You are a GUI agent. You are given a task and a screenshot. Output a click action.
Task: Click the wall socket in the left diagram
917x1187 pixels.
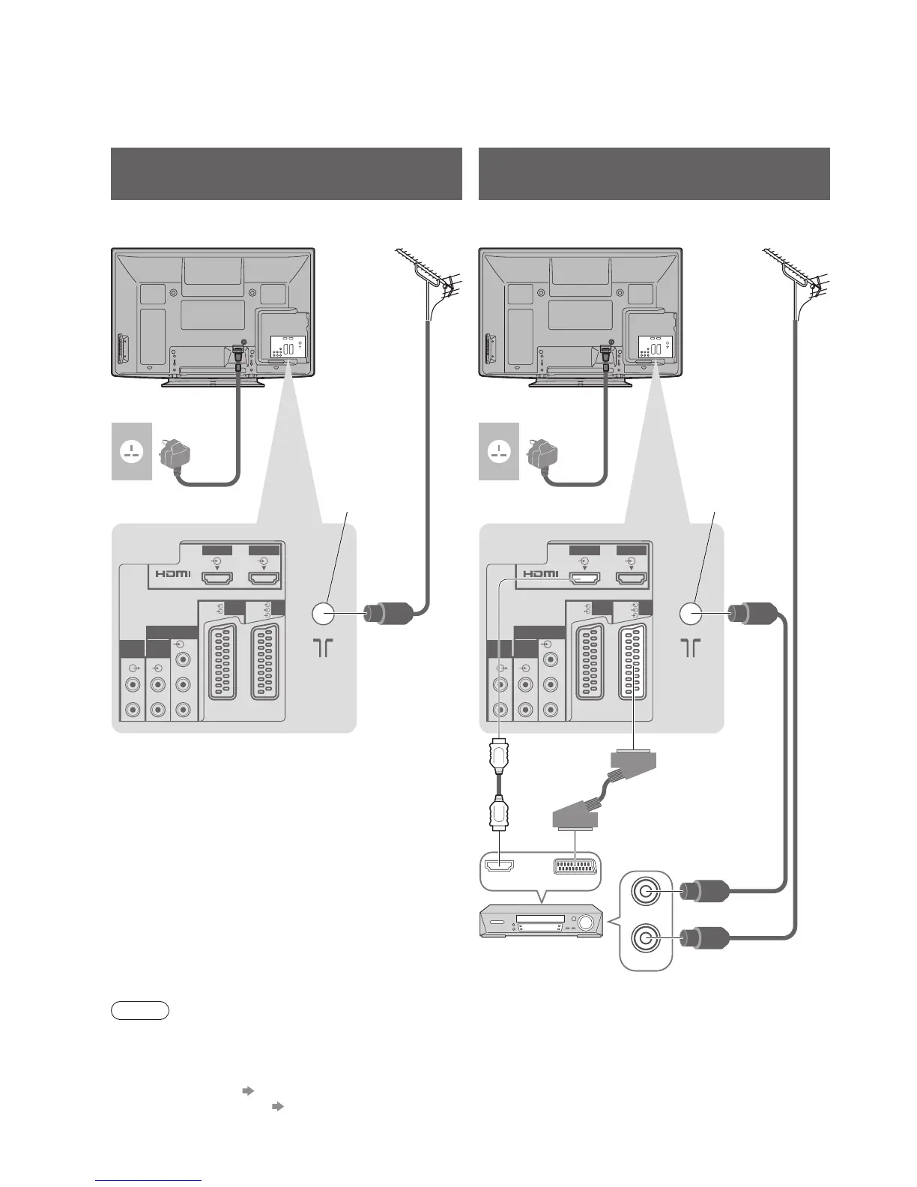(132, 452)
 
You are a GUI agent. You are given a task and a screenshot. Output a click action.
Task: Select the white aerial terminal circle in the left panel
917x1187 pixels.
(324, 614)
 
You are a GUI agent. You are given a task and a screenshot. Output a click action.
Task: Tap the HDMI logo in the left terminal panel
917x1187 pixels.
(173, 575)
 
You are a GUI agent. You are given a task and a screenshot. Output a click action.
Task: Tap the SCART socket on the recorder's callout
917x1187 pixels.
(575, 867)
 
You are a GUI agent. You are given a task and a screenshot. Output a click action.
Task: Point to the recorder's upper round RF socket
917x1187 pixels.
(647, 892)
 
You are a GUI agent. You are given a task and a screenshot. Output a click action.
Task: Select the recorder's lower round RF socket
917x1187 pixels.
(647, 937)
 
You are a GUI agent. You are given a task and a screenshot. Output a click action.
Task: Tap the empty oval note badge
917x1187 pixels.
(140, 1011)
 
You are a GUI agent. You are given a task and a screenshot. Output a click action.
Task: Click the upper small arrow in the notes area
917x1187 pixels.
(249, 1092)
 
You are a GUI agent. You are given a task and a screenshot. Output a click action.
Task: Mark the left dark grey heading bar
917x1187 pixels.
(286, 174)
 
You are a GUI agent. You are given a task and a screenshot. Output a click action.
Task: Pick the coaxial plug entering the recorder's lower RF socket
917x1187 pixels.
(705, 937)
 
